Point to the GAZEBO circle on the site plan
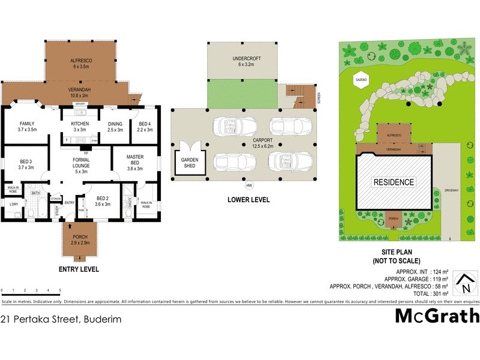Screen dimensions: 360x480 coord(360,79)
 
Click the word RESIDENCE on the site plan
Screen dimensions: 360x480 coord(394,182)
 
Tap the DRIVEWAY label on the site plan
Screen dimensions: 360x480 coord(452,190)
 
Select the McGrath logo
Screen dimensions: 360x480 coord(437,316)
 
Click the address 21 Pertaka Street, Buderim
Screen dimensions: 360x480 coord(61,319)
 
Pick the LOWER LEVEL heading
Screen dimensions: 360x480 coord(248,199)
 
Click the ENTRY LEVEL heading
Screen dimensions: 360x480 coord(79,269)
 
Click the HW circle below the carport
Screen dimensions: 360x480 coord(249,185)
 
